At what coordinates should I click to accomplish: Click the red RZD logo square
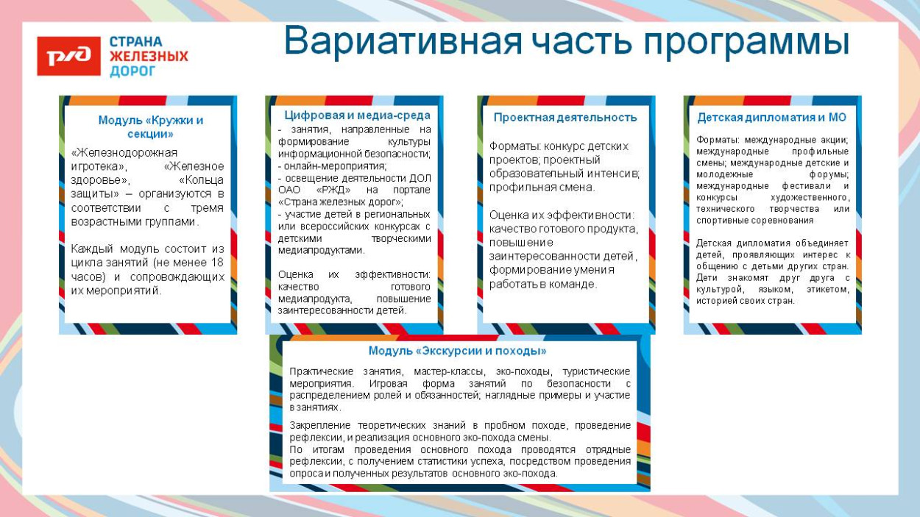[68, 56]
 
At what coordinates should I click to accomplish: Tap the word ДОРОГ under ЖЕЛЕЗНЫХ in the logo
[132, 71]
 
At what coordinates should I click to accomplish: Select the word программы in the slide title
[746, 42]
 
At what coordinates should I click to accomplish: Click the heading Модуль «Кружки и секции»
[151, 126]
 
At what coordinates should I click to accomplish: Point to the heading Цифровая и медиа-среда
[357, 115]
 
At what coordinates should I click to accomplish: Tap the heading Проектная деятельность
[565, 117]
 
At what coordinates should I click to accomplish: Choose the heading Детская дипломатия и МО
[771, 117]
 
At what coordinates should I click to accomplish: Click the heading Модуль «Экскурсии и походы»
[457, 351]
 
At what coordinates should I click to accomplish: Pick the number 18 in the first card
[216, 263]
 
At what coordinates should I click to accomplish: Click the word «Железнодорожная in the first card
[124, 152]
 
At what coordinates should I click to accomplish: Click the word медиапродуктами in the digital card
[321, 250]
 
